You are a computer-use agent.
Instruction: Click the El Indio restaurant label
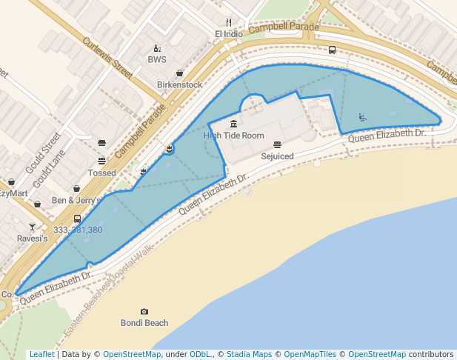click(x=228, y=34)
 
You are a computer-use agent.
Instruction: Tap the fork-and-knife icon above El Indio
click(x=228, y=22)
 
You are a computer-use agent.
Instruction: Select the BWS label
click(x=157, y=59)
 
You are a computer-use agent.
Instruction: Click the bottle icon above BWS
click(x=157, y=48)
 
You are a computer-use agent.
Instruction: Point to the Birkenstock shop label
click(x=179, y=84)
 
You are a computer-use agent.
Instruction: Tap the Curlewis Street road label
click(x=107, y=58)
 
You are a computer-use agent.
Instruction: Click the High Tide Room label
click(x=233, y=136)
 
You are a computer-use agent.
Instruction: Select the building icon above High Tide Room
click(x=234, y=124)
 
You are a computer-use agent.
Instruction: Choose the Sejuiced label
click(x=277, y=156)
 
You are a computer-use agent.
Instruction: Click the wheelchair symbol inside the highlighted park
click(x=362, y=116)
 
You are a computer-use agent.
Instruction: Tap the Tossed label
click(x=101, y=173)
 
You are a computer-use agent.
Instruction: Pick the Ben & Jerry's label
click(x=76, y=200)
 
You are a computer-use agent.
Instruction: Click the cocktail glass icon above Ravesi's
click(x=32, y=227)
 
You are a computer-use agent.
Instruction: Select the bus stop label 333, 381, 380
click(x=78, y=230)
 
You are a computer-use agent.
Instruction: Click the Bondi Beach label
click(x=144, y=323)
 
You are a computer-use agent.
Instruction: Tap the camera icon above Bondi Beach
click(x=144, y=312)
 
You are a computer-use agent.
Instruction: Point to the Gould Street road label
click(x=42, y=153)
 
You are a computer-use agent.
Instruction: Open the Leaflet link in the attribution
click(x=41, y=354)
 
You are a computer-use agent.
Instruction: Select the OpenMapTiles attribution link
click(x=310, y=354)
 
